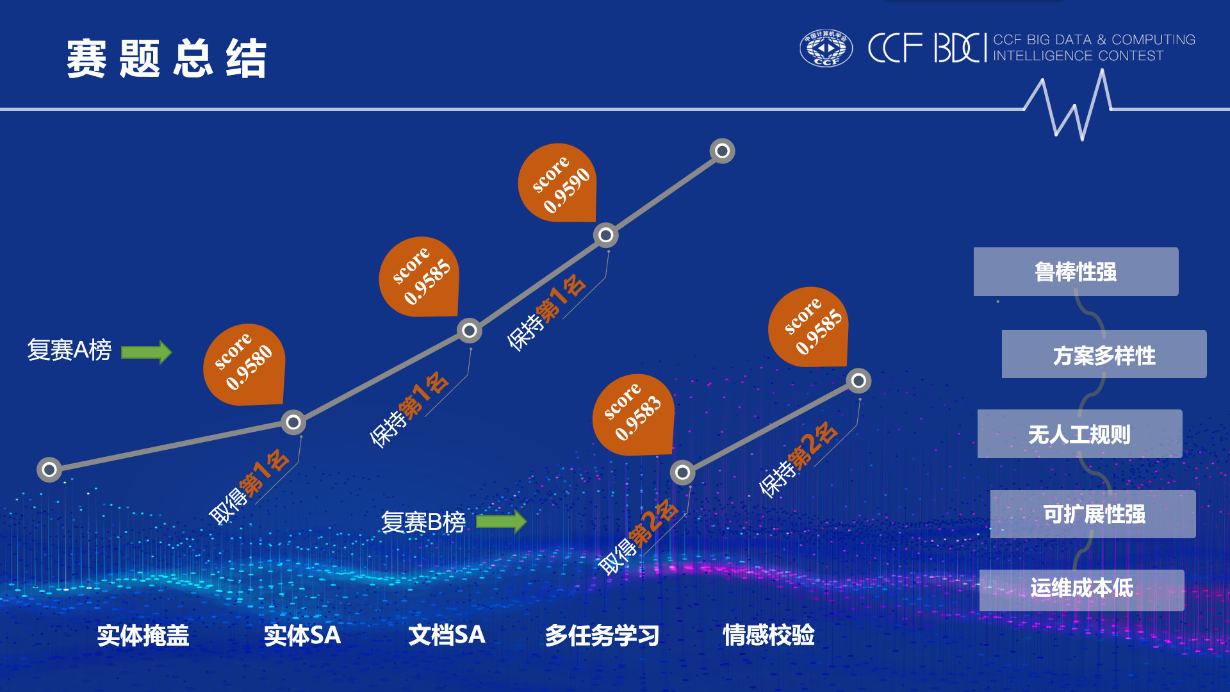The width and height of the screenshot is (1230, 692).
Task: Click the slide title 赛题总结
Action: click(x=166, y=58)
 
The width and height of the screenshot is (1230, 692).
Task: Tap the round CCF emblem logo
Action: click(x=826, y=48)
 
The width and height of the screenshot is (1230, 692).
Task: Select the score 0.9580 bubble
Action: click(x=244, y=365)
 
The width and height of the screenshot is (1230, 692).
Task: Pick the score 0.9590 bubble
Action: click(x=558, y=184)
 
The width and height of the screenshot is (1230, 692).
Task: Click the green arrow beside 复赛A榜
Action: click(x=147, y=352)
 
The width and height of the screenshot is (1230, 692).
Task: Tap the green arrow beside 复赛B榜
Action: click(x=501, y=522)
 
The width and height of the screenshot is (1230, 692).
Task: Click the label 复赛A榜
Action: click(x=69, y=350)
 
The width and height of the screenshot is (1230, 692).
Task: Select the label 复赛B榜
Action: click(x=423, y=522)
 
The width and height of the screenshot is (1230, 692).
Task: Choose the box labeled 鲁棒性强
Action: click(x=1076, y=272)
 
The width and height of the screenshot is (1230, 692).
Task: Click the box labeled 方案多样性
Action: click(x=1104, y=354)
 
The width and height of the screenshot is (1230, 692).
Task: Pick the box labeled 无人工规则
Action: click(x=1079, y=434)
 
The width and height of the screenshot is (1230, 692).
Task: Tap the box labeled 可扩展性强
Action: click(x=1093, y=514)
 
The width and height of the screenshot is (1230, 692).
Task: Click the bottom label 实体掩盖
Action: click(x=143, y=635)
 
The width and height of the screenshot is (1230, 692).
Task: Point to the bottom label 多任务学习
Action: click(x=602, y=635)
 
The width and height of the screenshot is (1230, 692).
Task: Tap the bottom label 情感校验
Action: click(x=768, y=635)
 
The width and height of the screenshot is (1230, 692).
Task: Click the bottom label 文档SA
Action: click(x=447, y=635)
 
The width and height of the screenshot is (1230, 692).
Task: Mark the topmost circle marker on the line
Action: click(x=722, y=151)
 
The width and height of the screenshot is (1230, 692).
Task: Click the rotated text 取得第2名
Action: click(x=637, y=537)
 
